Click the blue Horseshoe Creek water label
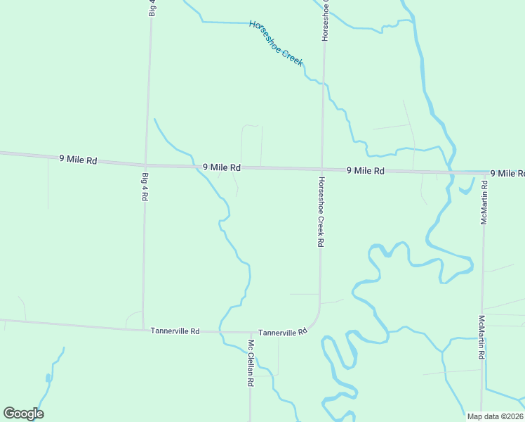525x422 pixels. (x=276, y=43)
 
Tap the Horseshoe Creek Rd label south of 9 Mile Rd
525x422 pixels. (x=320, y=211)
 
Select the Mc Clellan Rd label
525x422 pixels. (x=250, y=364)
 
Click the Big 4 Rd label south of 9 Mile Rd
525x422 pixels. (x=145, y=186)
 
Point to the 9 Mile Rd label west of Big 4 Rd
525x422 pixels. (x=78, y=160)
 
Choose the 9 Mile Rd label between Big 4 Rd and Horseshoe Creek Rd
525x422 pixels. (x=222, y=167)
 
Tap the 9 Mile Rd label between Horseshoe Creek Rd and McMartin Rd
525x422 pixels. (x=366, y=171)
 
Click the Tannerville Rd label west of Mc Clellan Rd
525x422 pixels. (x=175, y=331)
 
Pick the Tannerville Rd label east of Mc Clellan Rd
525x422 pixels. (x=283, y=332)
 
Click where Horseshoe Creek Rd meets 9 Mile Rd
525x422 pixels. (x=322, y=169)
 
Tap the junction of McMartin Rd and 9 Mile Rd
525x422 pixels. (x=484, y=173)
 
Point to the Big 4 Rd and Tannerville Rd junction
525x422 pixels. (x=143, y=329)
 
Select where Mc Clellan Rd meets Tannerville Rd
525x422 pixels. (x=250, y=332)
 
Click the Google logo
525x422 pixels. (x=23, y=414)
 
